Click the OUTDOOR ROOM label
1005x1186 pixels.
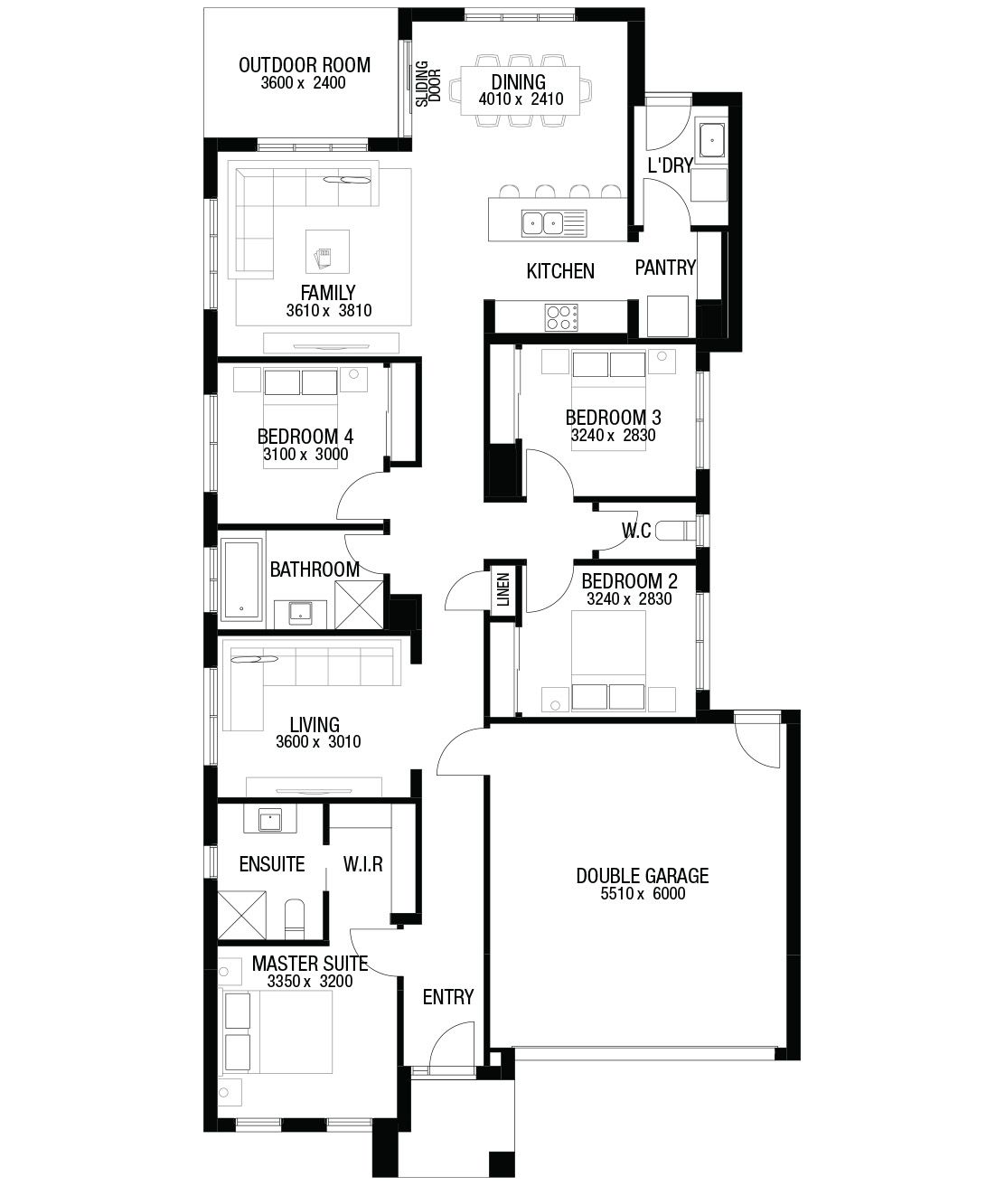pyautogui.click(x=304, y=65)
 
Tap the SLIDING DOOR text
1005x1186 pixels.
pyautogui.click(x=427, y=84)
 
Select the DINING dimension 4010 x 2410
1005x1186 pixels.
pyautogui.click(x=521, y=99)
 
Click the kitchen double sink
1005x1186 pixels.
pyautogui.click(x=542, y=222)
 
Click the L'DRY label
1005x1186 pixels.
pyautogui.click(x=670, y=165)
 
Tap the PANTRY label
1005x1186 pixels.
pyautogui.click(x=665, y=268)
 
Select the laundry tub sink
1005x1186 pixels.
pyautogui.click(x=712, y=139)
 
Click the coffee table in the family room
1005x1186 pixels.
pyautogui.click(x=327, y=251)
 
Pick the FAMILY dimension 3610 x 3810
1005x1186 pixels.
pyautogui.click(x=329, y=311)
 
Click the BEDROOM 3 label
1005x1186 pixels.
pyautogui.click(x=613, y=417)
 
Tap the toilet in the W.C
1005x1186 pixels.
pyautogui.click(x=676, y=531)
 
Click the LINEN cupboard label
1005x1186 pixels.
pyautogui.click(x=503, y=589)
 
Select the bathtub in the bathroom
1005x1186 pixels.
pyautogui.click(x=241, y=579)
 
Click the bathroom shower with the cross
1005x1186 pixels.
pyautogui.click(x=359, y=605)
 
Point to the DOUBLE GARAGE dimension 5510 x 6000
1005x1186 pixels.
pyautogui.click(x=643, y=893)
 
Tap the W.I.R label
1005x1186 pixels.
pyautogui.click(x=363, y=864)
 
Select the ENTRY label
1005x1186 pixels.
pyautogui.click(x=448, y=997)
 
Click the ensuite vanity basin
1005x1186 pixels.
pyautogui.click(x=269, y=819)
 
